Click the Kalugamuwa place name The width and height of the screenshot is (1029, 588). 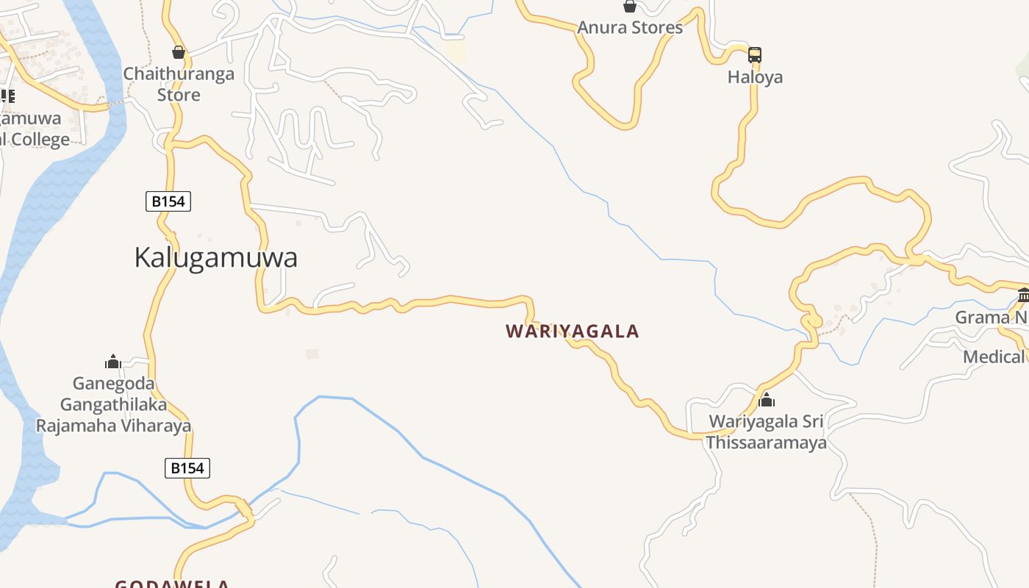[x=215, y=258]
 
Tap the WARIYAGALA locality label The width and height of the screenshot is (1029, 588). [x=572, y=331]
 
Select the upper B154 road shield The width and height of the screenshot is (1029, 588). [x=168, y=201]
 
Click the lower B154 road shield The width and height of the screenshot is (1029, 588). [x=187, y=467]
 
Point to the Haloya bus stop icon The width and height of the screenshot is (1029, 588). [x=755, y=55]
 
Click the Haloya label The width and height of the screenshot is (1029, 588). [x=755, y=77]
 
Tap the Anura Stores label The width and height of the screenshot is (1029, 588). [x=630, y=28]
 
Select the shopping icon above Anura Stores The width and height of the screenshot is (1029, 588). [x=630, y=7]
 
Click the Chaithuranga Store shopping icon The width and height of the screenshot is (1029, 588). [x=179, y=52]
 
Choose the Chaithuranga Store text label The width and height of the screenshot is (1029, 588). [x=179, y=84]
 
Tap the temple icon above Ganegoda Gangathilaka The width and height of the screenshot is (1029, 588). [x=113, y=362]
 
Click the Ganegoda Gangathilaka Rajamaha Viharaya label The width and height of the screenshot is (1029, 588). [x=113, y=404]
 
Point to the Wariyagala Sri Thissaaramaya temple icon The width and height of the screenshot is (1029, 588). [x=767, y=401]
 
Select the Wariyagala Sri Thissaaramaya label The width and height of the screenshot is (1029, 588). [x=766, y=432]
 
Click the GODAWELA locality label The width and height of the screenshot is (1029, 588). [x=172, y=584]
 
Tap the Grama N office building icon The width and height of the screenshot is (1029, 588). [x=1023, y=295]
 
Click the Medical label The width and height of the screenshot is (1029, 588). [x=994, y=357]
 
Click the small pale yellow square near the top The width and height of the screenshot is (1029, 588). [x=456, y=51]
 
